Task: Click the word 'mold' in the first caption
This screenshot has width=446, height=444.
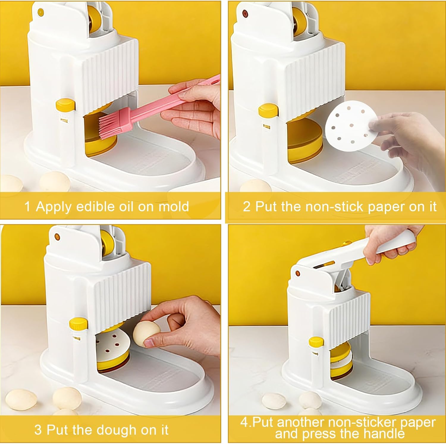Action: pos(174,206)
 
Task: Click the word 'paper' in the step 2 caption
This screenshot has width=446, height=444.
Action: pos(386,207)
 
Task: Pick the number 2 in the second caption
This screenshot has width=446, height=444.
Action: pos(247,207)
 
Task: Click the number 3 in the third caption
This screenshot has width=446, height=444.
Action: pos(38,430)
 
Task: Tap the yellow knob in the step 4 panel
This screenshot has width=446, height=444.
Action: pos(316,342)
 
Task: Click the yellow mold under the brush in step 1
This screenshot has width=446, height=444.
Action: pos(100,143)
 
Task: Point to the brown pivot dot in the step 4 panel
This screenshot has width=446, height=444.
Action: pos(297,273)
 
